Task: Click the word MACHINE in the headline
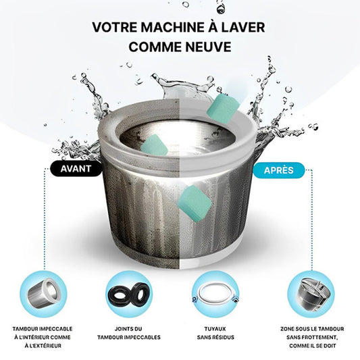[172, 27]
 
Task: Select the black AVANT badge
[76, 169]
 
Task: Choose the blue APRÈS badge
[279, 170]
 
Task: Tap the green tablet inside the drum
[154, 146]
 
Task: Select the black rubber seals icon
[129, 294]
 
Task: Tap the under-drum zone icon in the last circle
[311, 294]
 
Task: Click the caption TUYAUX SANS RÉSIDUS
[215, 333]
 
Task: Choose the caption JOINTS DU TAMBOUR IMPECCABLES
[129, 333]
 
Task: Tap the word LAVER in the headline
[245, 27]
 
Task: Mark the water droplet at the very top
[220, 9]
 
